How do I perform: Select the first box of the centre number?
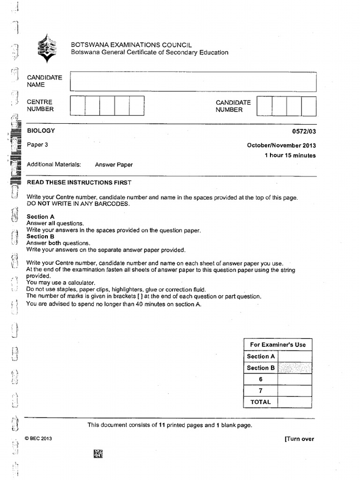(x=77, y=105)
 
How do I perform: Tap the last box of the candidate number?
(x=309, y=106)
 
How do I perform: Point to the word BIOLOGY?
(x=41, y=131)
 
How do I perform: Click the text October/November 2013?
(x=281, y=145)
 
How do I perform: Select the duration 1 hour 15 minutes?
(x=290, y=156)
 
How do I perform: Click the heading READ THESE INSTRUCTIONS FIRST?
(x=79, y=182)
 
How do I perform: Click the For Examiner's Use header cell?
(x=277, y=345)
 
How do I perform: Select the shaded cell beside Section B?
(x=294, y=368)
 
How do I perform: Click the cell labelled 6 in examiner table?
(x=261, y=379)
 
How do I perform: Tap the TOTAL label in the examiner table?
(x=261, y=402)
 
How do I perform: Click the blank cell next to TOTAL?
(x=294, y=402)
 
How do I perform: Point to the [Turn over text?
(x=299, y=439)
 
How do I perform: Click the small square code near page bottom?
(x=98, y=453)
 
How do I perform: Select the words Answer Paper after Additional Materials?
(x=114, y=165)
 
